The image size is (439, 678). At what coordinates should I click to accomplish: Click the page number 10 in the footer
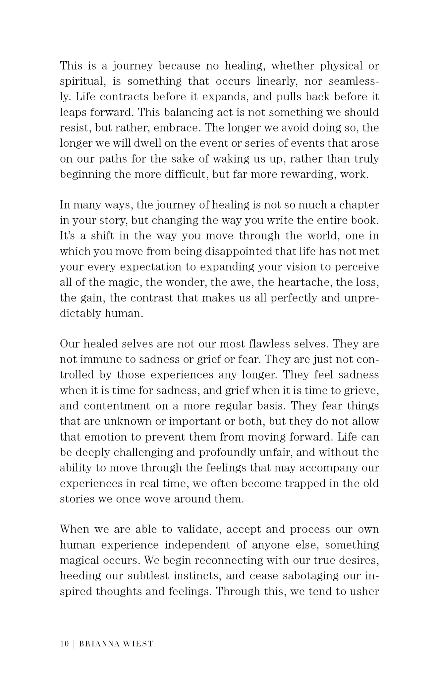pyautogui.click(x=64, y=644)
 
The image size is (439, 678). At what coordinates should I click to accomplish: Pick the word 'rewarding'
pyautogui.click(x=308, y=175)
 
